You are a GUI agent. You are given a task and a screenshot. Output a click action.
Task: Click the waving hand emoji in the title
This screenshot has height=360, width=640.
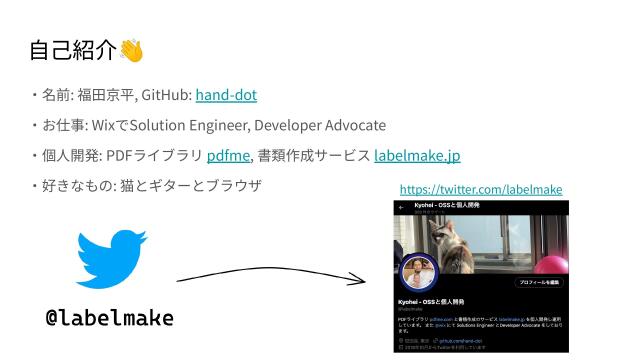coord(132,50)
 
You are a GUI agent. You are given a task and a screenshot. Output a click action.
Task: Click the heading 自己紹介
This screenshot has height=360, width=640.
coord(73,50)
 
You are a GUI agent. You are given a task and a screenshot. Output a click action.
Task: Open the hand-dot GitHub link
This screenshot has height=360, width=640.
coord(226,95)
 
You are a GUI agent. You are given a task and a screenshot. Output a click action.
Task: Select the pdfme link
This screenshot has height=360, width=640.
coord(228,156)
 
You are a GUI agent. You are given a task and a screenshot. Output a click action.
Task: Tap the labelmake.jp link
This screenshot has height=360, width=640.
coord(417,156)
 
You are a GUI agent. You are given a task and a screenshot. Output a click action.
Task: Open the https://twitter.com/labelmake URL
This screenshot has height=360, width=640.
coord(480,189)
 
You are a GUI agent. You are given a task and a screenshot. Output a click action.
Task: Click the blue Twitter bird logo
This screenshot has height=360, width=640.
coord(111,259)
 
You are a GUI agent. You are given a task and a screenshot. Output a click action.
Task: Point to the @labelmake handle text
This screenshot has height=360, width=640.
coord(110,318)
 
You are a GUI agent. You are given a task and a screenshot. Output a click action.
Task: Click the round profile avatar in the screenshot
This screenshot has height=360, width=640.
coord(419,276)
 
